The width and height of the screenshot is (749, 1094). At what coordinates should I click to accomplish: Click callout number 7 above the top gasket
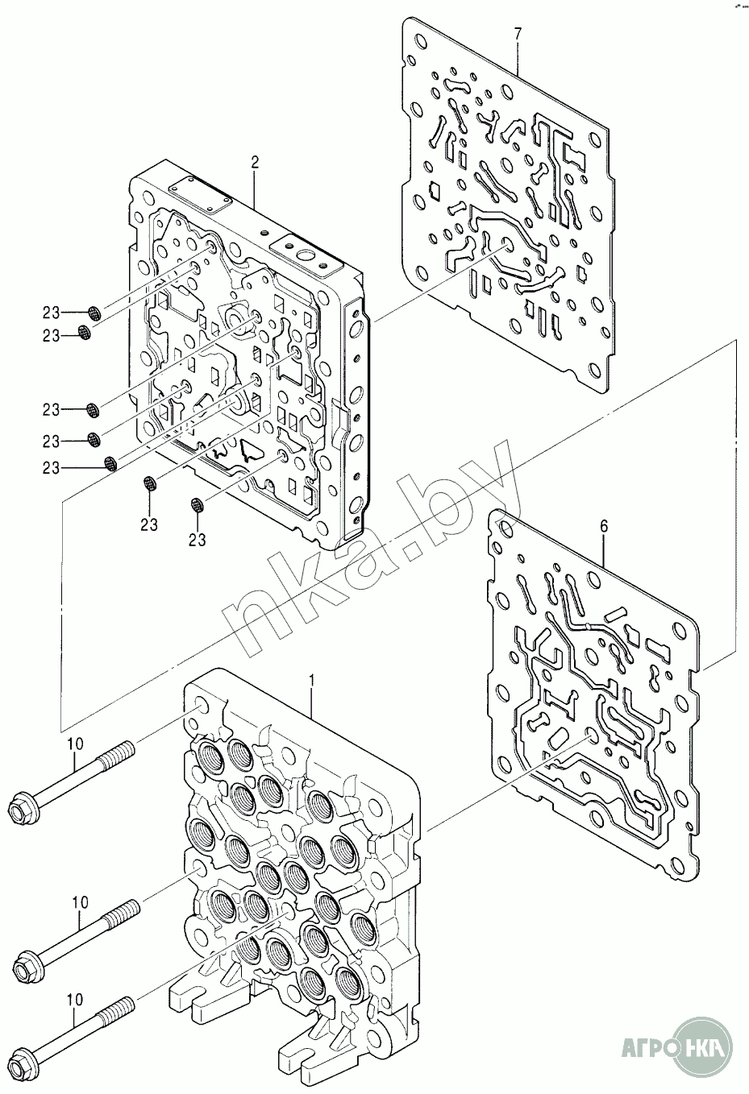(518, 33)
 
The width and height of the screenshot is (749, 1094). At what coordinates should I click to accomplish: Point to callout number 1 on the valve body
(313, 681)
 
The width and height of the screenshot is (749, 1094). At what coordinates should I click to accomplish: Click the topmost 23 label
(52, 313)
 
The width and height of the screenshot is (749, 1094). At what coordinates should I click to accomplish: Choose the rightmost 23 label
(198, 539)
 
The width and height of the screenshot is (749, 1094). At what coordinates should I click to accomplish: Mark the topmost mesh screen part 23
(94, 313)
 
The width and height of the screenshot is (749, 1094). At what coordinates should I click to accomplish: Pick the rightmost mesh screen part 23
(198, 506)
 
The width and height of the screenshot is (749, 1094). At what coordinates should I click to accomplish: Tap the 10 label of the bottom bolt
(73, 1001)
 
